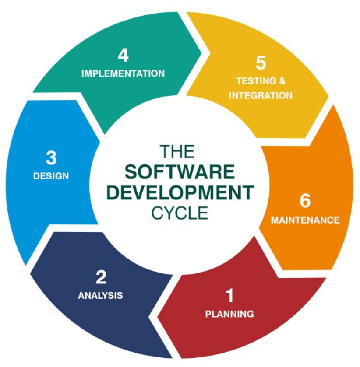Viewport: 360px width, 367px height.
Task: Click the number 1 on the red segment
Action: coord(229,296)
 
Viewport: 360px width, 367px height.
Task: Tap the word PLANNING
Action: coord(229,314)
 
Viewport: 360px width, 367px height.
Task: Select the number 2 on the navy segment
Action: coord(101,277)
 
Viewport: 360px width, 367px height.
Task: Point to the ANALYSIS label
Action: coord(100,295)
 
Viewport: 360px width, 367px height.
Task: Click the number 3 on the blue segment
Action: coord(51,158)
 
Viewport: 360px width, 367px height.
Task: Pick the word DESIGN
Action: coord(51,176)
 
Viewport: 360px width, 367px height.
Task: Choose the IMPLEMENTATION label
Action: coord(123,73)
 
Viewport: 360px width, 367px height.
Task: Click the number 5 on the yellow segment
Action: coord(261,63)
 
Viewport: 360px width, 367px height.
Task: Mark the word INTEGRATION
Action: coord(261,95)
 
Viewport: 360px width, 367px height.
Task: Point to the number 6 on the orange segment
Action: coord(305,201)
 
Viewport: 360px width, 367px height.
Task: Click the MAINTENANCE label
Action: coord(305,220)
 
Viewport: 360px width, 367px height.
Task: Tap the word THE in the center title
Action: coord(177,152)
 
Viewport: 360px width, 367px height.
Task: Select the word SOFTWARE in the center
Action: coord(180,172)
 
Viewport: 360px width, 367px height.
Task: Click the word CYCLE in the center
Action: coord(180,213)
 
